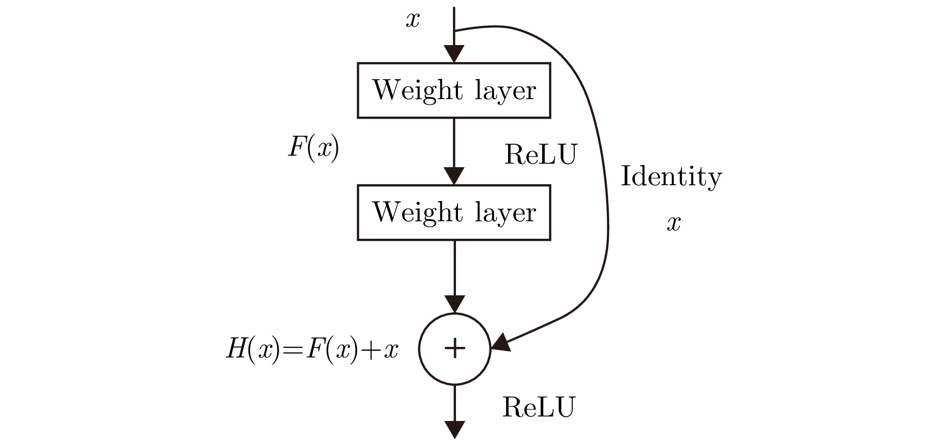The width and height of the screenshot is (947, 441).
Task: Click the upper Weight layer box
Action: (454, 91)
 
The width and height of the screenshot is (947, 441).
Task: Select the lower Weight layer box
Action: (454, 213)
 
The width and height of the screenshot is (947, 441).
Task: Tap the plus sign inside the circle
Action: (454, 348)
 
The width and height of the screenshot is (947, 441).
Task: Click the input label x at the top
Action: (412, 21)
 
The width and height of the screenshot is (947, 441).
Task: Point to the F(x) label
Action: (313, 148)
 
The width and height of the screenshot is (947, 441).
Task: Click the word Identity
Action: (671, 177)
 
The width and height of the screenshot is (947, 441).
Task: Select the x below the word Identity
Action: (673, 223)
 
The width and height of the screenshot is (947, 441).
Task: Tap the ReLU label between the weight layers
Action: (541, 154)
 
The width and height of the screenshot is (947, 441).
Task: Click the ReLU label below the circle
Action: (539, 407)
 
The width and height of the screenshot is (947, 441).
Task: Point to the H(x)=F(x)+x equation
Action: (312, 349)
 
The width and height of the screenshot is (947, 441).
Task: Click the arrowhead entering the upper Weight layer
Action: (454, 54)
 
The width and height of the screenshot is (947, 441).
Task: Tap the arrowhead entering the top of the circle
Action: (454, 304)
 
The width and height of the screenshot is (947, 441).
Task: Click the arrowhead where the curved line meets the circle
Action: (501, 343)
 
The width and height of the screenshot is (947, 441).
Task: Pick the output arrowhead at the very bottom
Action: (454, 430)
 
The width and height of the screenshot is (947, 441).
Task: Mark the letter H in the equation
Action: (235, 349)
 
